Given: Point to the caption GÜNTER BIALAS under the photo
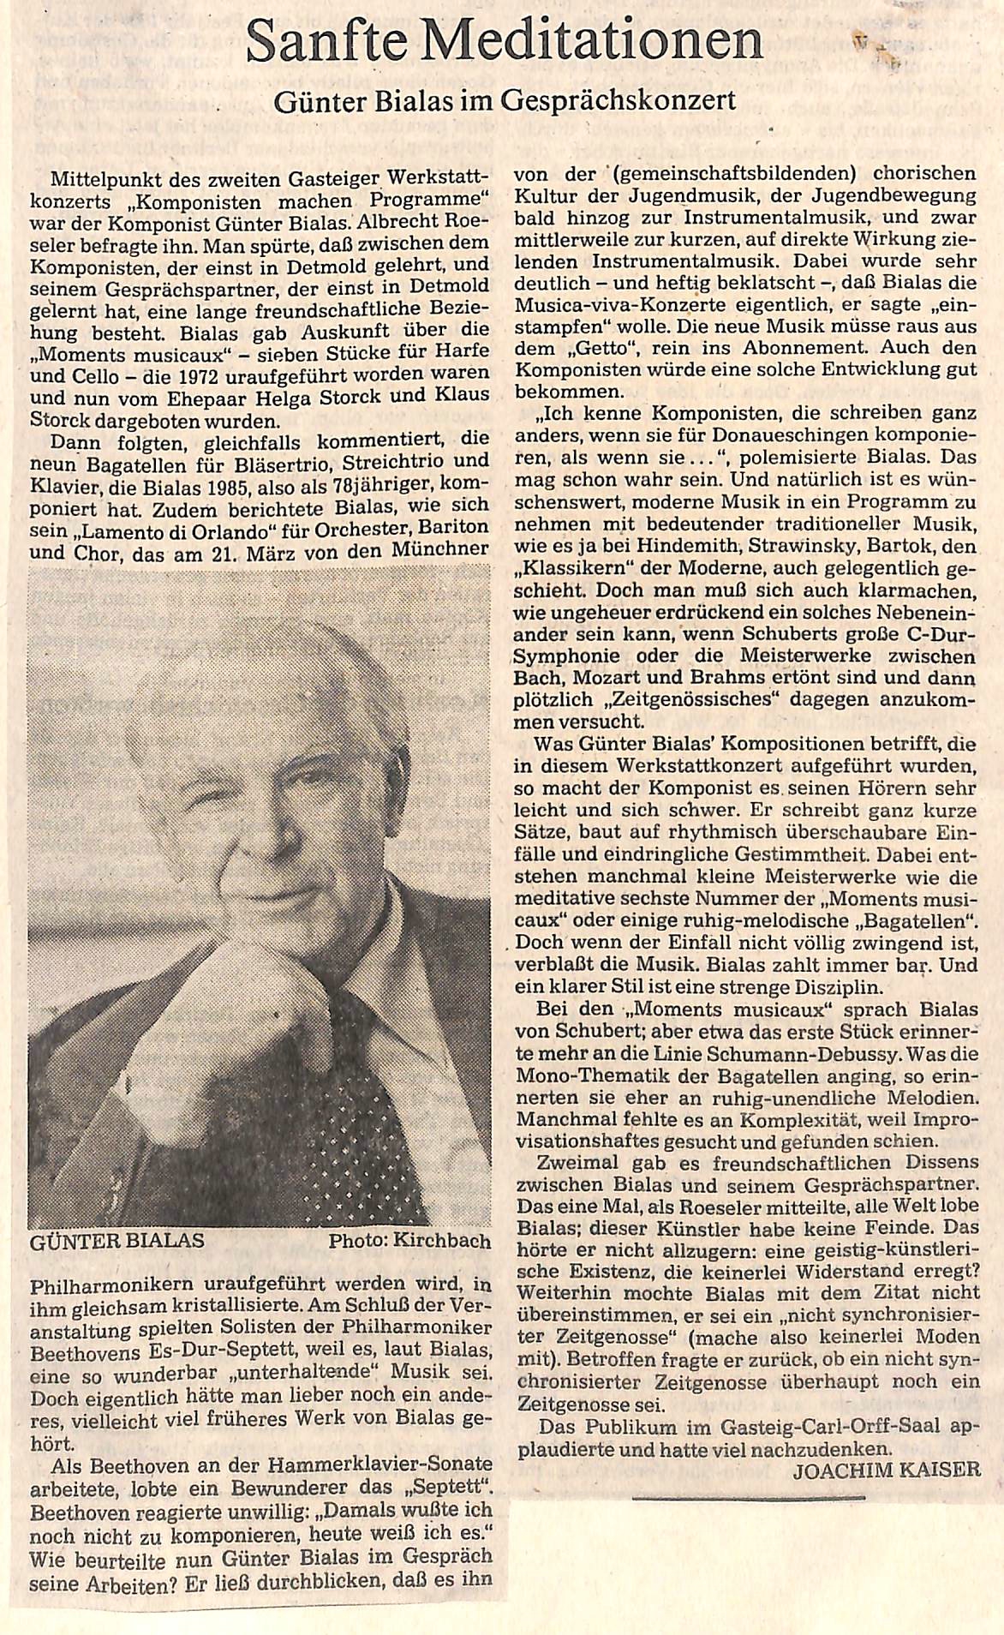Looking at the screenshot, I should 117,1242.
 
